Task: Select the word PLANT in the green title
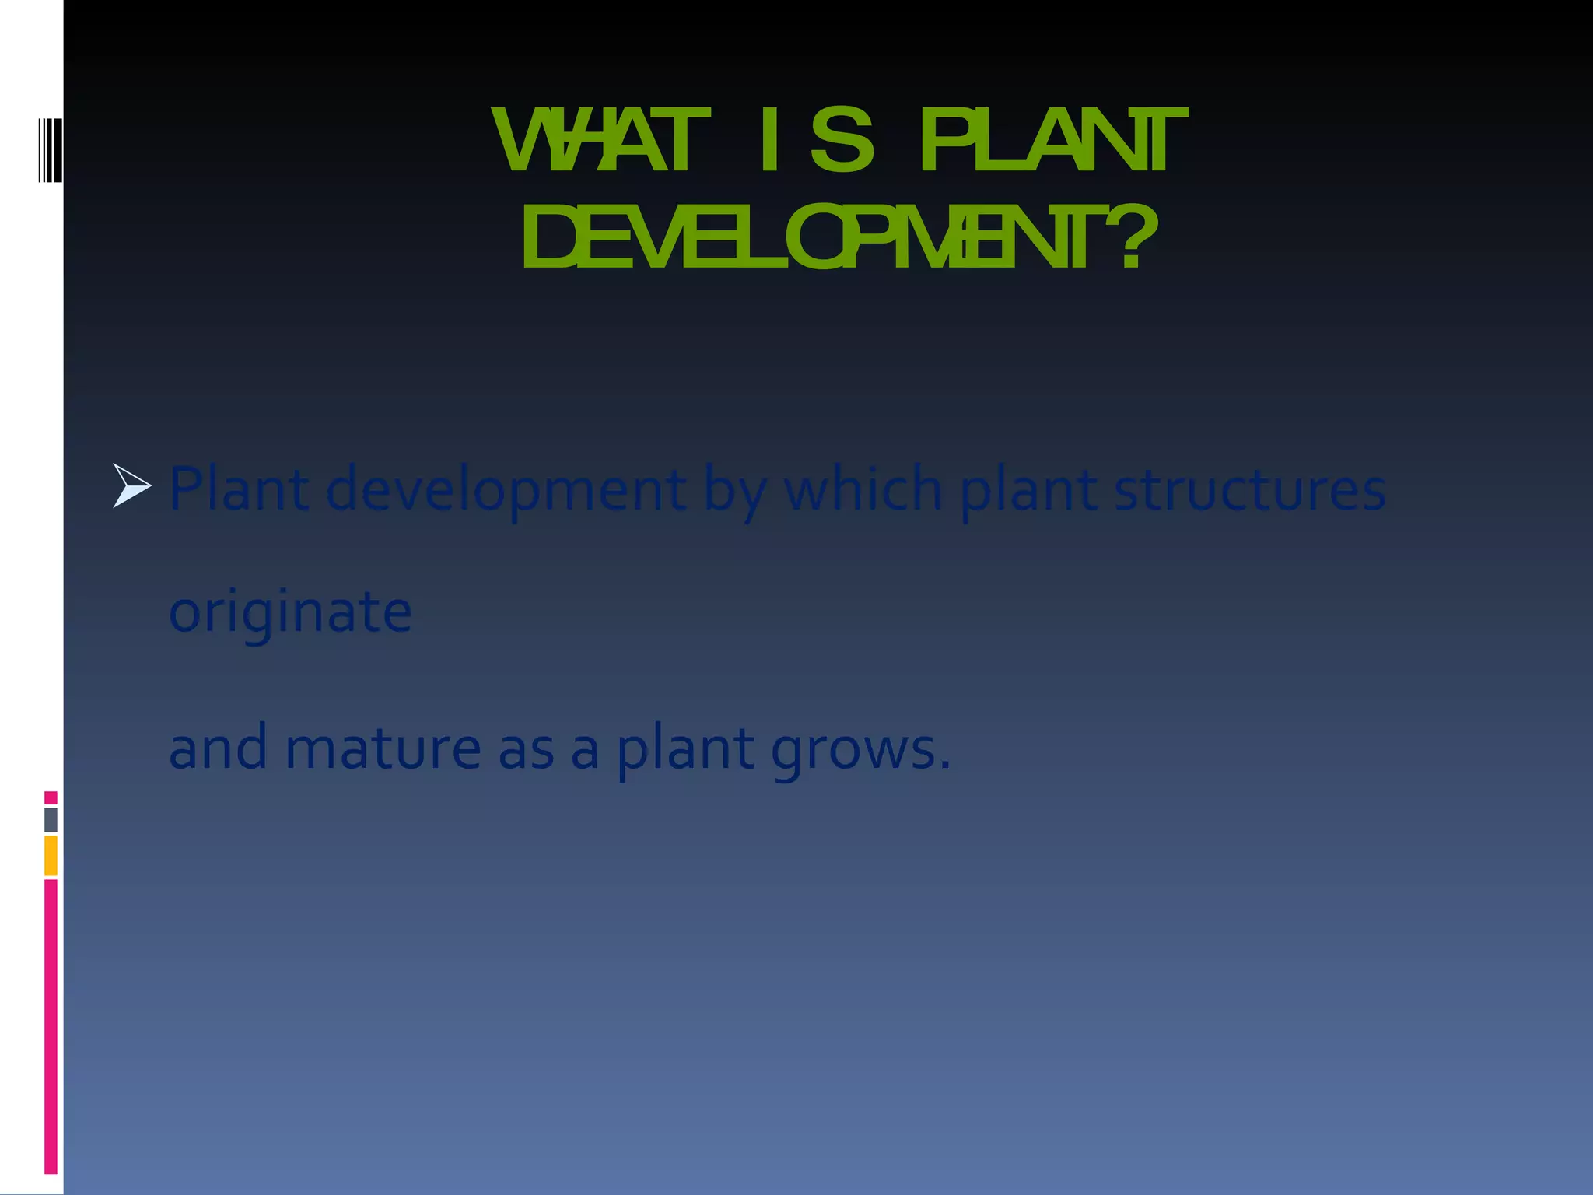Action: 1052,142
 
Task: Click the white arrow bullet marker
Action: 131,485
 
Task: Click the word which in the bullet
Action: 863,489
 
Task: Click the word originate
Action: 290,612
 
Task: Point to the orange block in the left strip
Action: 51,855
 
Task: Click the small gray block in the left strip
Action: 51,819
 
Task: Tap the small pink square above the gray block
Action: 51,797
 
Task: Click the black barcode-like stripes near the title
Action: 50,150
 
